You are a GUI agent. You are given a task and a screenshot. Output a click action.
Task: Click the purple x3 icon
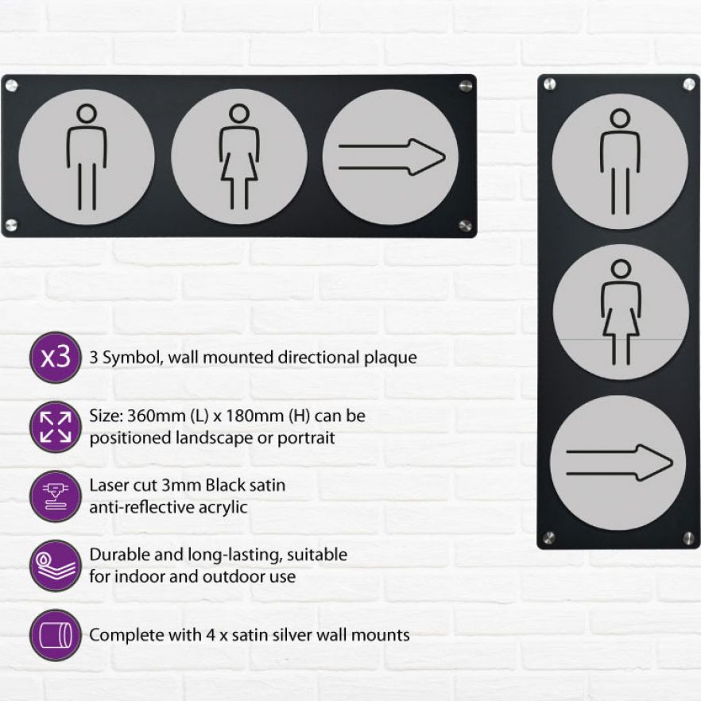coord(56,357)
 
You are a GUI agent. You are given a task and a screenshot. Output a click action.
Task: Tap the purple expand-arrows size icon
coord(56,427)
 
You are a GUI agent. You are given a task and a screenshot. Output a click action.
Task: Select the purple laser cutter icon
coord(56,496)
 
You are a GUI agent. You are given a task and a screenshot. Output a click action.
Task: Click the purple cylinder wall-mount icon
coord(56,635)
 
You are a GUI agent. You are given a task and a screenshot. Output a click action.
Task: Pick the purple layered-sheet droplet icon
coord(56,566)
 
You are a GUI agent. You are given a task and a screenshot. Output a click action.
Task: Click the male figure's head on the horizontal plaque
coord(87,113)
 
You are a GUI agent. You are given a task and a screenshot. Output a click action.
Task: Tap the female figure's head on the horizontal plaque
coord(239,113)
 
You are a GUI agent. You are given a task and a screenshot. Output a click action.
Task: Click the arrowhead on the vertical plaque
coord(655,463)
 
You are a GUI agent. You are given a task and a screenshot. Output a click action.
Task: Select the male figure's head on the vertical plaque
coord(620,118)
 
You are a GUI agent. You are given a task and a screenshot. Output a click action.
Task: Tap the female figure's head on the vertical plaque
coord(621,269)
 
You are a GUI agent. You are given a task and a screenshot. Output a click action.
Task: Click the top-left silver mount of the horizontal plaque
coord(11,85)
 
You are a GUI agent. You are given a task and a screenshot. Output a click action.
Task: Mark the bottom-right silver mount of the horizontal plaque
coord(466,226)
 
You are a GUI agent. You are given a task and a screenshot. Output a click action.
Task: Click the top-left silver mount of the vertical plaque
coord(549,84)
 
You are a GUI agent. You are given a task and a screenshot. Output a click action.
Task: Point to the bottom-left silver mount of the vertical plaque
coord(548,538)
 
